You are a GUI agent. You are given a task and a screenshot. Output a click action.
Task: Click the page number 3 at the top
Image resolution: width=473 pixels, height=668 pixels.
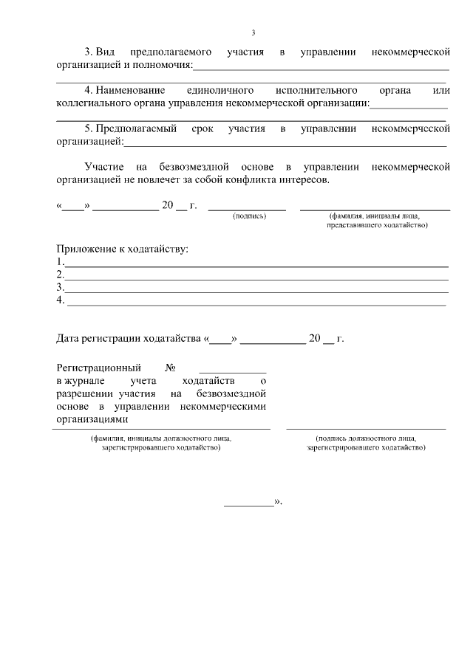pos(253,32)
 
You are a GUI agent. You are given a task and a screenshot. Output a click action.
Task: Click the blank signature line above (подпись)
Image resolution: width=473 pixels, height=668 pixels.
pos(247,209)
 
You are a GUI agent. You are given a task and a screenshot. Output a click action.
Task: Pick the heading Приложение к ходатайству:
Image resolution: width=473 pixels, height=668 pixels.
pos(123,249)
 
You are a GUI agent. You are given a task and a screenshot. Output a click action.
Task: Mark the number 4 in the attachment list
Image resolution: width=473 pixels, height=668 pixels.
pos(60,300)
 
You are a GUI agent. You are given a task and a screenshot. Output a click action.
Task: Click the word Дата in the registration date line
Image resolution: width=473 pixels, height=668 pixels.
pos(71,340)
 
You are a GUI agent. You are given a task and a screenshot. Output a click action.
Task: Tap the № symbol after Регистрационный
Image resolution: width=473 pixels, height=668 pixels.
pos(170,368)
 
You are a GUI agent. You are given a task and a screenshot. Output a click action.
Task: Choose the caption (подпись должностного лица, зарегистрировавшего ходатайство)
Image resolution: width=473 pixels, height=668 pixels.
pos(365,443)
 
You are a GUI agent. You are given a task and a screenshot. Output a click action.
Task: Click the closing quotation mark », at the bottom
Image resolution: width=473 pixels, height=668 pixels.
pos(279,502)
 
